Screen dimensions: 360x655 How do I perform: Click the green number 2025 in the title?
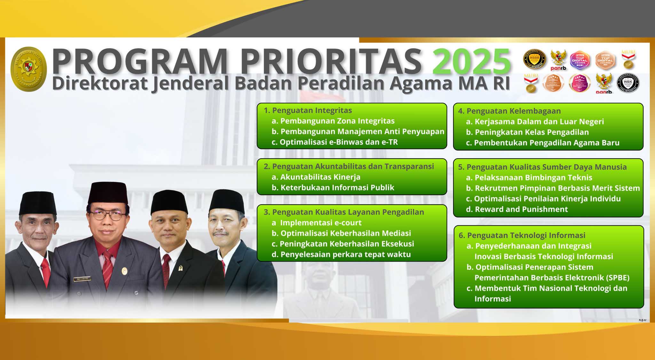point(471,61)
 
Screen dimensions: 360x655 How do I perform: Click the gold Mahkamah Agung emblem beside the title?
point(28,69)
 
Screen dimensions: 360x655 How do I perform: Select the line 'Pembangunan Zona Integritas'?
point(337,121)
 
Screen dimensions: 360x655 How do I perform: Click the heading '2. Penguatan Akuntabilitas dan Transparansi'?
point(349,166)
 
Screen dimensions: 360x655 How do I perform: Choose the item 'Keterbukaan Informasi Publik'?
point(337,187)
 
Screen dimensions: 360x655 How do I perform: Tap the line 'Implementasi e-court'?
point(320,223)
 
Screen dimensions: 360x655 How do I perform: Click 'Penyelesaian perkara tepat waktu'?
point(345,254)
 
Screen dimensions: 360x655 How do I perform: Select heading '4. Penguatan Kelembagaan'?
point(509,111)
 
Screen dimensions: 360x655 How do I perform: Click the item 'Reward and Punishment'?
point(521,209)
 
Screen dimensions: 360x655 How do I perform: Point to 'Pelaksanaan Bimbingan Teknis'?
point(533,177)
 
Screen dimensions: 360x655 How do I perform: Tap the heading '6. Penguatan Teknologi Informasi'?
point(522,235)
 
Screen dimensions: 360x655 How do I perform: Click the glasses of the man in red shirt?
point(108,215)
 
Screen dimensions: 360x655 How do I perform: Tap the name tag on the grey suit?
point(82,279)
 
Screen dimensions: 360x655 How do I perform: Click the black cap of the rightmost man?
point(227,201)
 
